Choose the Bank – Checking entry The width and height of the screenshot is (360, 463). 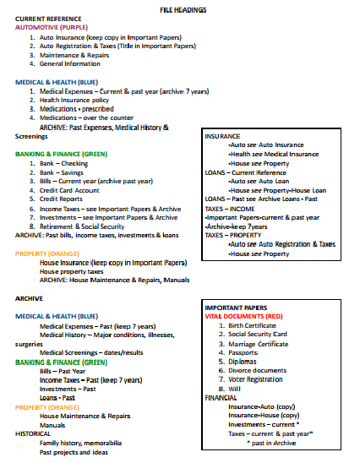click(63, 163)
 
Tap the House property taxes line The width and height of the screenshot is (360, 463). click(78, 271)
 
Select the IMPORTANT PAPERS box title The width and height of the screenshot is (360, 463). click(237, 307)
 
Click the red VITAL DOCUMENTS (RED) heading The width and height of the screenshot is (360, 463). click(245, 315)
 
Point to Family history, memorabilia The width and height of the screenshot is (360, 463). click(82, 443)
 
